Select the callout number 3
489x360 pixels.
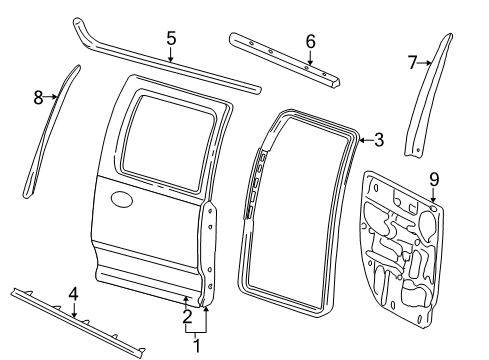(x=378, y=139)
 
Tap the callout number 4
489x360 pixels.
(x=73, y=293)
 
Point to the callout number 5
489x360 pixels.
(x=171, y=38)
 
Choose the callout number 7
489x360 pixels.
(x=412, y=62)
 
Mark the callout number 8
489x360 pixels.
(x=38, y=97)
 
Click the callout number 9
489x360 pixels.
(x=433, y=180)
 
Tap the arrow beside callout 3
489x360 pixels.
(x=363, y=140)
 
